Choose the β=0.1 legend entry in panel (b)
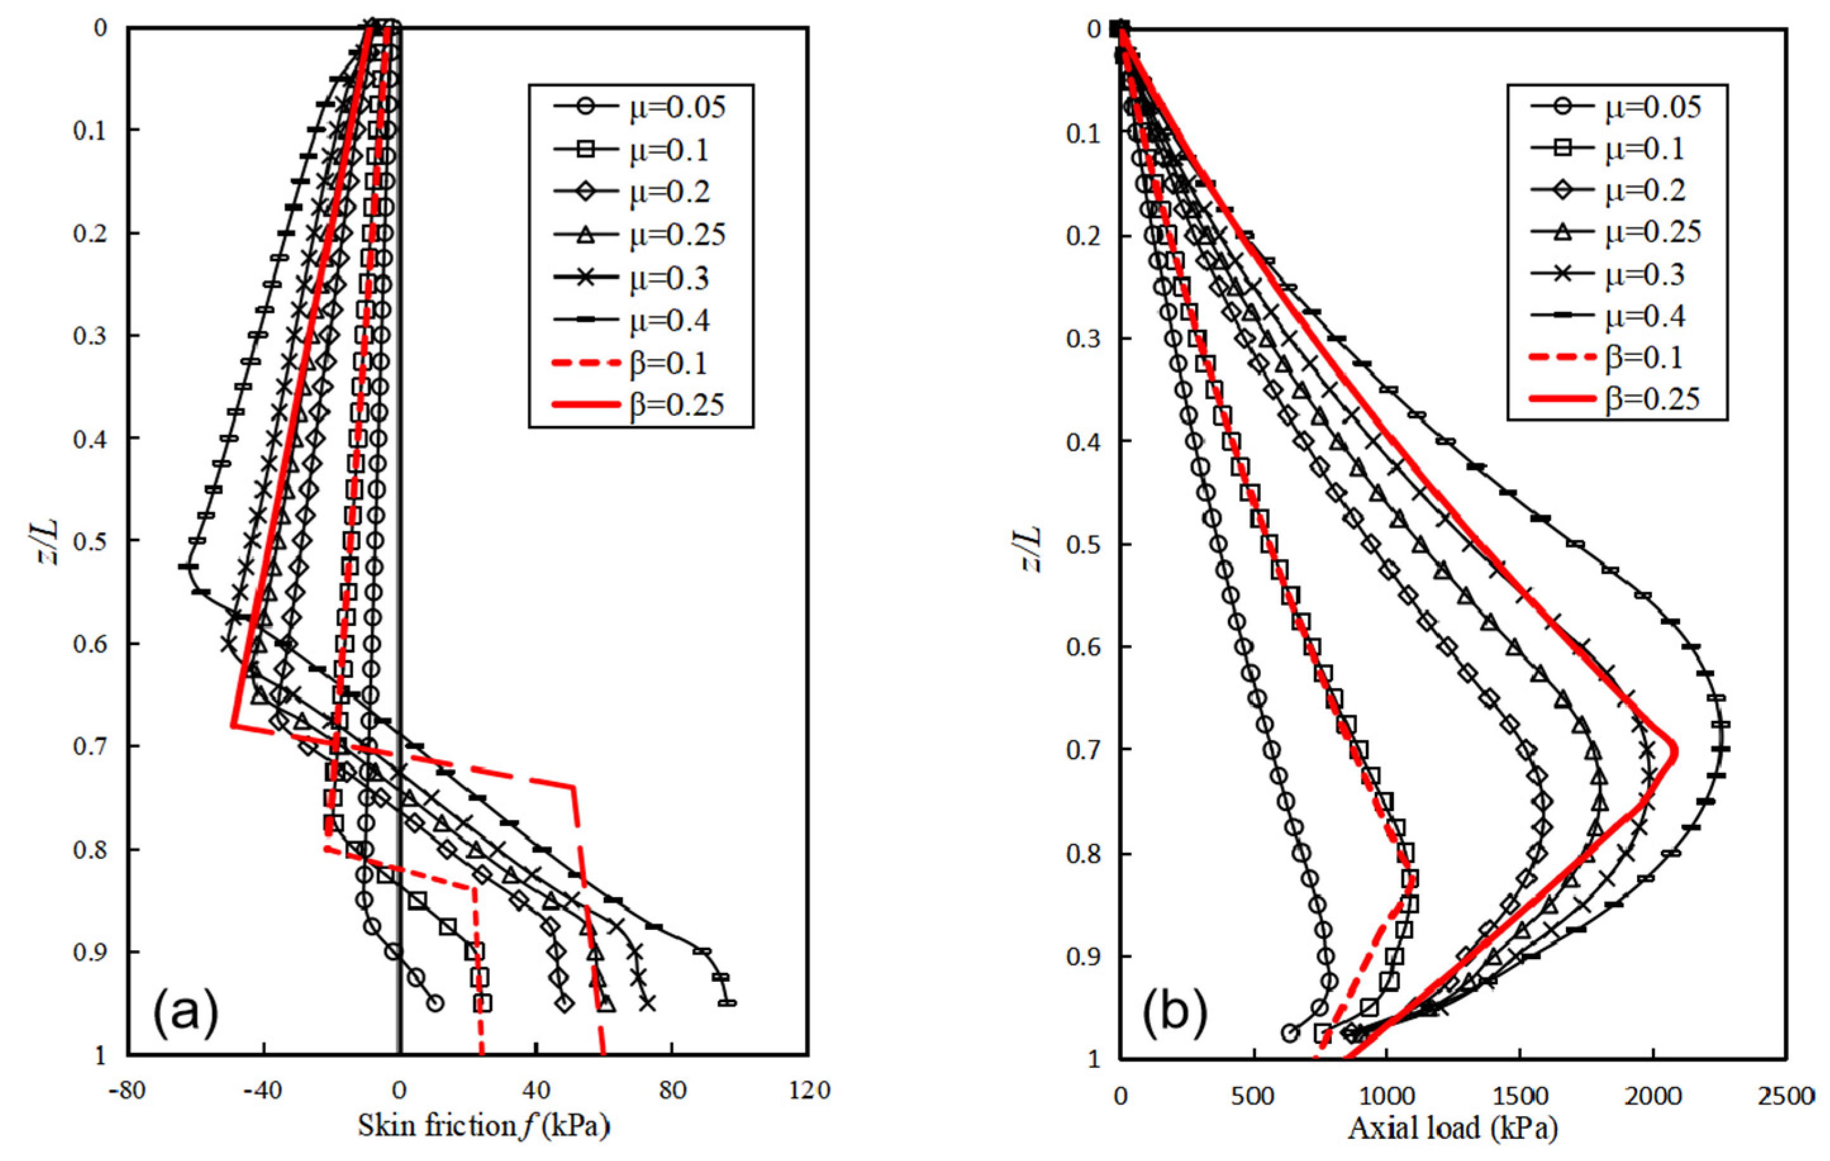point(1615,357)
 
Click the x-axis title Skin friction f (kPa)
point(484,1127)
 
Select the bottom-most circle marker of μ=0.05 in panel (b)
point(1289,1032)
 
